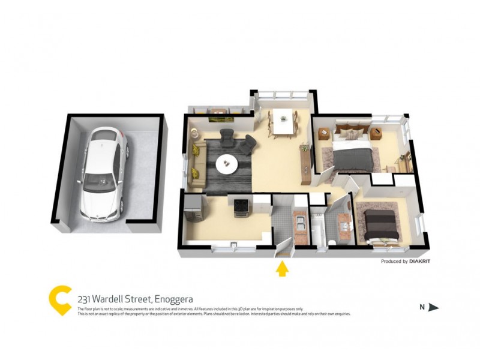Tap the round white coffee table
pos(226,161)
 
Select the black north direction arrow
pos(434,307)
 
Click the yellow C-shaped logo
pos(60,300)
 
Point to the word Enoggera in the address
pos(174,299)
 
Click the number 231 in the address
pos(85,299)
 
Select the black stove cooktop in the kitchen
pos(240,205)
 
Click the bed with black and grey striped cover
pos(379,223)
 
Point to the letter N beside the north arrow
pos(422,307)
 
